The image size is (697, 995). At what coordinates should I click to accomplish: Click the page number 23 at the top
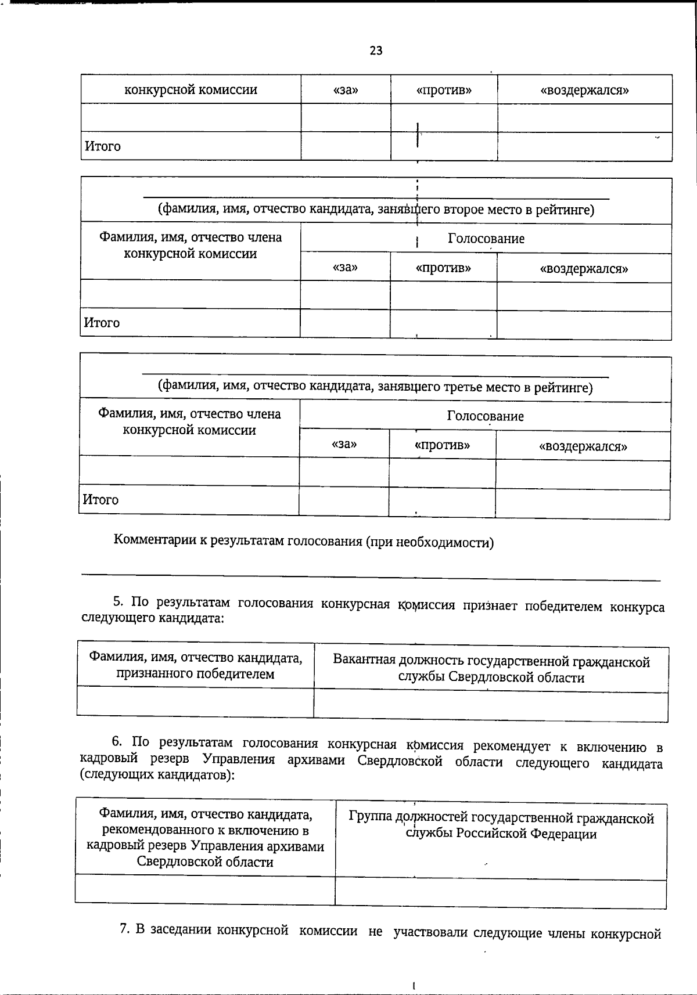tap(376, 51)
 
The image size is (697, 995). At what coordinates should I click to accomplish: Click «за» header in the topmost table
tap(346, 90)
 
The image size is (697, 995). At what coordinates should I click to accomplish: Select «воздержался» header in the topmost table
tap(584, 90)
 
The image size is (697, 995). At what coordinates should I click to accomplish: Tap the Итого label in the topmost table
tap(103, 146)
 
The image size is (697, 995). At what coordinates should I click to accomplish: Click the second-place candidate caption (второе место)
tap(376, 210)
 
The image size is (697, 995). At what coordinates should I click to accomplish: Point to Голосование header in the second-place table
tap(486, 239)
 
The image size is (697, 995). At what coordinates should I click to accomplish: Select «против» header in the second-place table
tap(443, 268)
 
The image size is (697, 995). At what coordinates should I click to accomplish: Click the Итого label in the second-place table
tap(102, 323)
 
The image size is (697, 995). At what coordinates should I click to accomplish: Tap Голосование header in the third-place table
tap(485, 416)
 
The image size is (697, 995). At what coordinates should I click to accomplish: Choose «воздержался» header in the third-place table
tap(583, 446)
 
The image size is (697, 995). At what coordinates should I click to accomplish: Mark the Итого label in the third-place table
tap(100, 500)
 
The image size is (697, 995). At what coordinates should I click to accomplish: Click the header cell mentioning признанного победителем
tap(195, 666)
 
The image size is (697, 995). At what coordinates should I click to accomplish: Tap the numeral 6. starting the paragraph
tap(117, 742)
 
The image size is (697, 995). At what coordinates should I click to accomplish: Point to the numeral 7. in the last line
tap(124, 929)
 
